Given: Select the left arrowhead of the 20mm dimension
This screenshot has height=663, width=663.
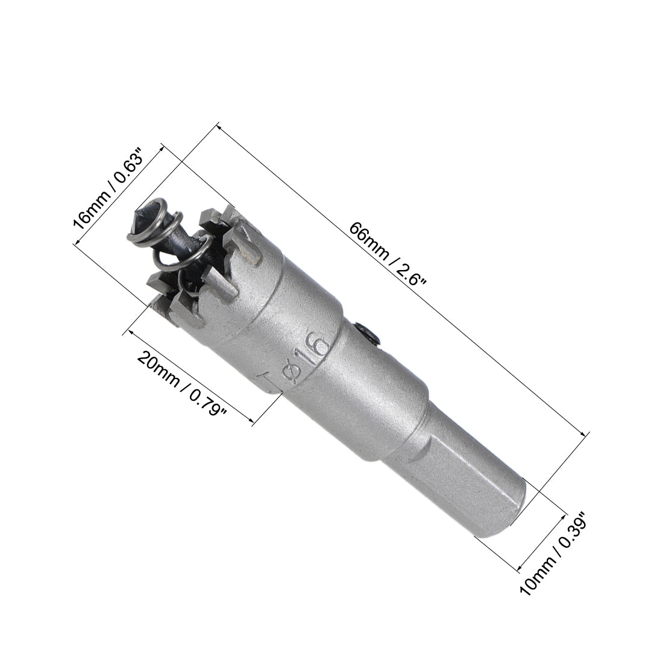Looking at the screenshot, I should coord(127,331).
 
